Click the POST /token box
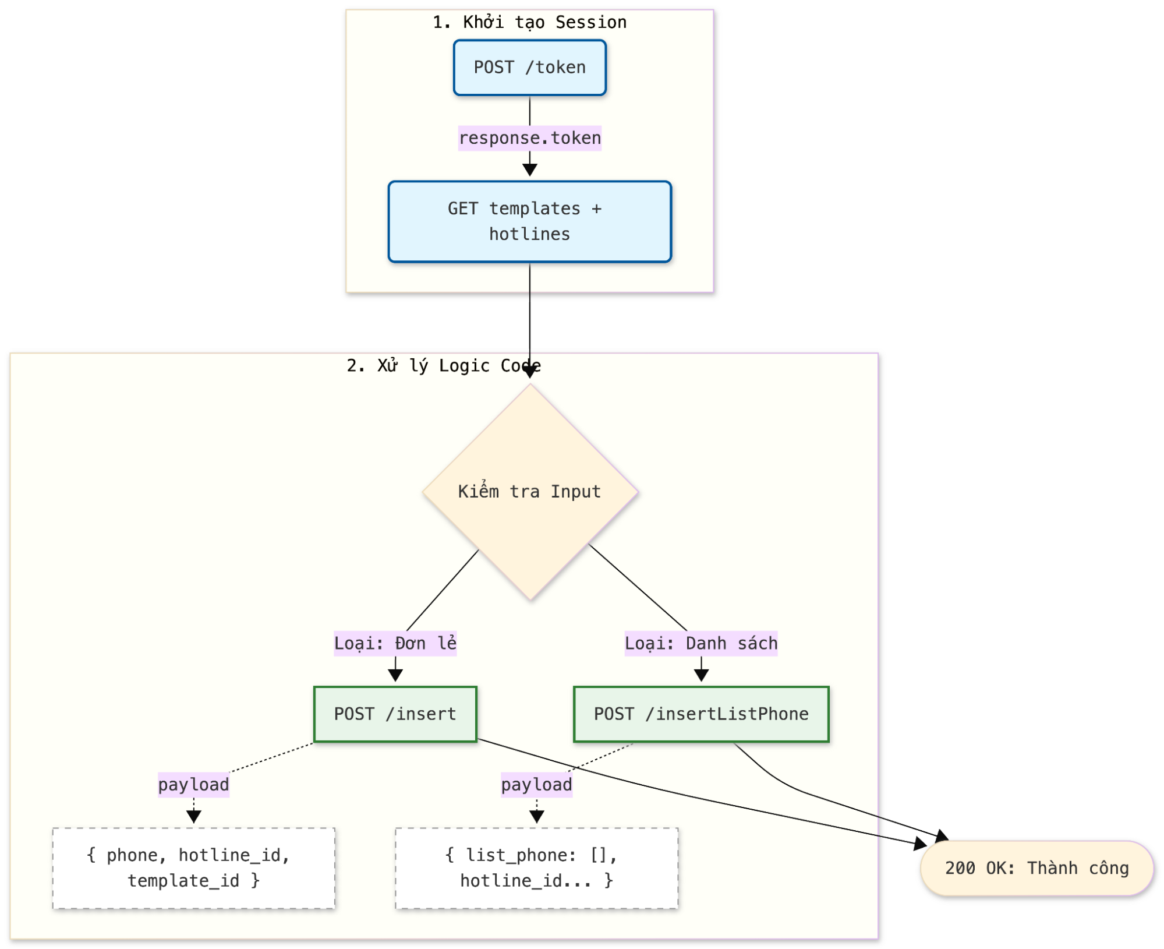pos(529,68)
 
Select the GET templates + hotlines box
pos(529,221)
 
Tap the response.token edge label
pos(529,138)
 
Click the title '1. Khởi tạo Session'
pos(529,22)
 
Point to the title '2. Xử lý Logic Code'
pos(443,366)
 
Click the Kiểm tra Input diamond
pos(529,492)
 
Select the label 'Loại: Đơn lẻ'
pos(395,643)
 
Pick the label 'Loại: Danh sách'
pos(700,643)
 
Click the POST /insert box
pos(395,714)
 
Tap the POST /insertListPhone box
pos(700,714)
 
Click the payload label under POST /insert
pos(193,785)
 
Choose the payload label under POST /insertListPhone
pos(536,785)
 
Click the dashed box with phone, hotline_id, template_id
pos(193,868)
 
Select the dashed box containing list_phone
pos(536,868)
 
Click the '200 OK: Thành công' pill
pos(1037,869)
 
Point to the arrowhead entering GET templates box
pos(529,170)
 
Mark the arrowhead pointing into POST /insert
pos(395,676)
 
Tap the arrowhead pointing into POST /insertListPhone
pos(701,676)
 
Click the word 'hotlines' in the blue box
pos(529,234)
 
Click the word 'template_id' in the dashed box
pos(183,881)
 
